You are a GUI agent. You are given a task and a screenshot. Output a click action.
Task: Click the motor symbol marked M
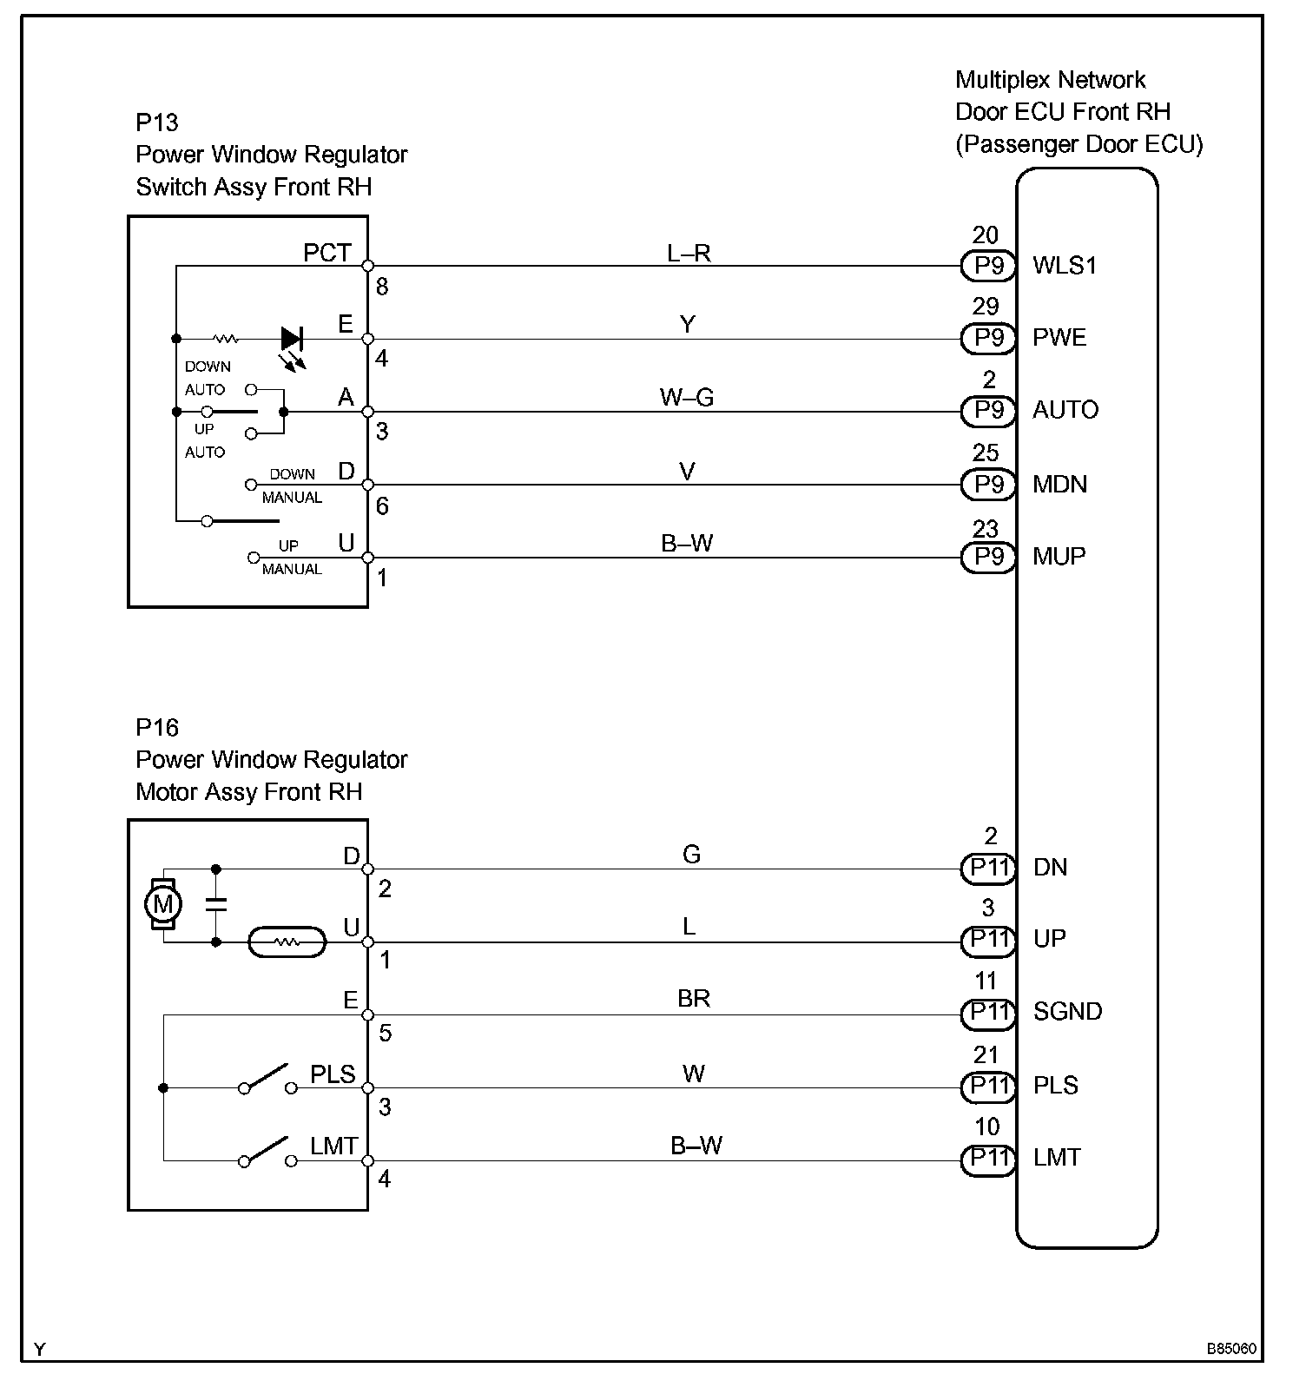(x=162, y=904)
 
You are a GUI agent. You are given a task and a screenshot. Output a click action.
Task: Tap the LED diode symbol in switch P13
(x=292, y=339)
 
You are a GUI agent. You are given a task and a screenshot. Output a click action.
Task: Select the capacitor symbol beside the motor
(x=216, y=904)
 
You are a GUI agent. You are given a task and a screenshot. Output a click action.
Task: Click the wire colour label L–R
(x=689, y=253)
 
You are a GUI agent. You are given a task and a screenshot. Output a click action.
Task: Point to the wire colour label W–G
(x=686, y=398)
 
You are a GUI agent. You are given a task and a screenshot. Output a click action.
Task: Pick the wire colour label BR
(x=693, y=999)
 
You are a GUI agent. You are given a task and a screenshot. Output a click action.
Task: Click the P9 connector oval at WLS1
(x=988, y=265)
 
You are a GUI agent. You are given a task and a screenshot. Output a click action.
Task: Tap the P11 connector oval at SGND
(x=988, y=1012)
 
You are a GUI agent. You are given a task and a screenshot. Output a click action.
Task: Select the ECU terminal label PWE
(x=1059, y=338)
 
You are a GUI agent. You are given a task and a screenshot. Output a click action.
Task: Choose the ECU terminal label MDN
(x=1059, y=485)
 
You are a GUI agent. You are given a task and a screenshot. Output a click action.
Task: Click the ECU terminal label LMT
(x=1057, y=1158)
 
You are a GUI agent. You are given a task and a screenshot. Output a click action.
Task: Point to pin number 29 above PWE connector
(x=986, y=307)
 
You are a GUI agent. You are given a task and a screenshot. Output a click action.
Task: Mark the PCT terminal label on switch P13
(x=327, y=253)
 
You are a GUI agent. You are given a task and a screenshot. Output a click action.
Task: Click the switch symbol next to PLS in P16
(x=267, y=1078)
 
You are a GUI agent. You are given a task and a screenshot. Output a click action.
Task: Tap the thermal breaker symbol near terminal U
(x=287, y=942)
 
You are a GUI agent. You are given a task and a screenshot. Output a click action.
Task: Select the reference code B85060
(x=1230, y=1349)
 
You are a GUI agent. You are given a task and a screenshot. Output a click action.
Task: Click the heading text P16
(x=157, y=727)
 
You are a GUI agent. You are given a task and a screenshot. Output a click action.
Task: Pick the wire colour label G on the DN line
(x=691, y=855)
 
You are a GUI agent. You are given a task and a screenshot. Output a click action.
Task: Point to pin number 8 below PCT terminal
(x=382, y=287)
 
